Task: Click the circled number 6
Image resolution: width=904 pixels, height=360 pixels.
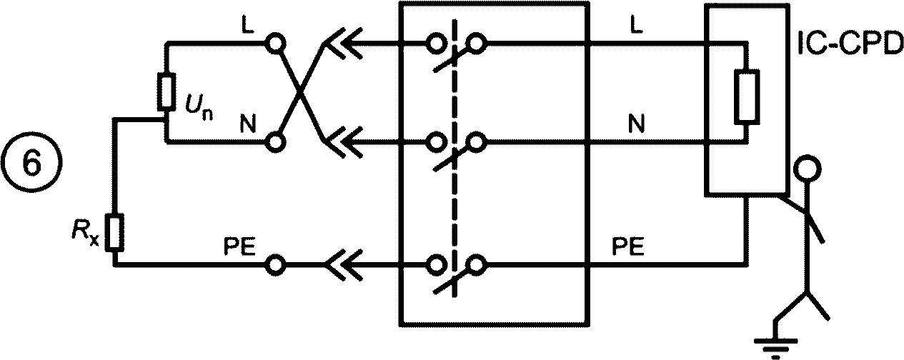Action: point(32,164)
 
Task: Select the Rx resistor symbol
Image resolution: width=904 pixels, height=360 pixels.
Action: point(114,233)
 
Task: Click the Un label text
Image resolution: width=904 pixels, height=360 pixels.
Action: point(199,106)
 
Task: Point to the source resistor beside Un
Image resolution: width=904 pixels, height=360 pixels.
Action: point(167,91)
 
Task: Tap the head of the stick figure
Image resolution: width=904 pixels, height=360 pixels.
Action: point(807,169)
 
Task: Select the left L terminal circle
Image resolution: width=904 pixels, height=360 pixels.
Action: point(276,43)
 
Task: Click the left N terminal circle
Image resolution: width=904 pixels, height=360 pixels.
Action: point(276,142)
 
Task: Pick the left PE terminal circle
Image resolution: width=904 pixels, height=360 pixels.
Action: point(276,265)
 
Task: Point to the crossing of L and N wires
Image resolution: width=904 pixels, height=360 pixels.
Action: point(299,93)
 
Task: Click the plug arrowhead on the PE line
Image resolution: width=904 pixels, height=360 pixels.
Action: point(343,265)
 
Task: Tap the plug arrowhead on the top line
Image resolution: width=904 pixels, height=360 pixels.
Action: point(342,43)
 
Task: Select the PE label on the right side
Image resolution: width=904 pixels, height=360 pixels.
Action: point(628,246)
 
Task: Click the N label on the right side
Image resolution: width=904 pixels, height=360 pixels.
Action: point(637,124)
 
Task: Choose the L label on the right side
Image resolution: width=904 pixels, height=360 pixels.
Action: point(637,25)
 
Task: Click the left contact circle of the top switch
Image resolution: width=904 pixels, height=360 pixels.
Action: point(436,43)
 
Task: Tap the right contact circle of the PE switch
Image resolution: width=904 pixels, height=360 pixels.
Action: point(476,265)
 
